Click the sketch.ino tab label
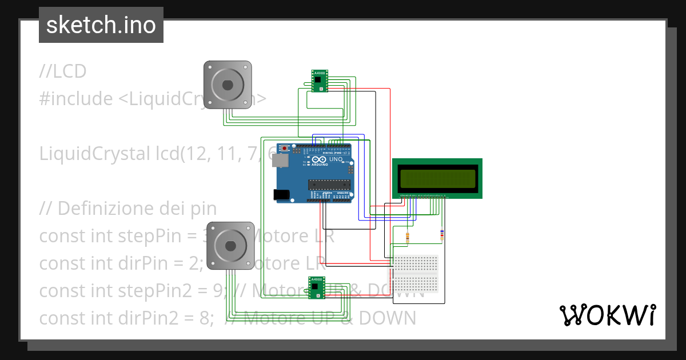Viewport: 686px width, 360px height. [101, 25]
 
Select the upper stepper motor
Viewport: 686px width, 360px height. [228, 85]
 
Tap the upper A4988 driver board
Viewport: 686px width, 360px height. [320, 81]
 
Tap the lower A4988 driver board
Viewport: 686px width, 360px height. [316, 287]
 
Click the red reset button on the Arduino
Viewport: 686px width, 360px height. [285, 149]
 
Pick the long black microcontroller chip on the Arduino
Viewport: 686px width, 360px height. [329, 184]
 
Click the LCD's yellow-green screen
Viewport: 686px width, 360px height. [437, 178]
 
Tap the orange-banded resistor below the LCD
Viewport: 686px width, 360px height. [407, 236]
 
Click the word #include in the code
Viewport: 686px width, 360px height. [76, 99]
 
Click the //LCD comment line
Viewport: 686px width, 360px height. [63, 71]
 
